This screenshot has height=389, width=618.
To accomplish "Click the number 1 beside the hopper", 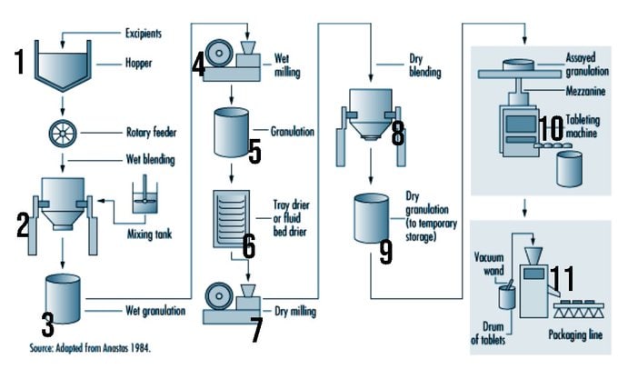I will coord(19,63).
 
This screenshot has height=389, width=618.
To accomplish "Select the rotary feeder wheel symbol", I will coord(62,133).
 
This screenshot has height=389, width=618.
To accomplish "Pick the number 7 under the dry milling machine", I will coord(255,331).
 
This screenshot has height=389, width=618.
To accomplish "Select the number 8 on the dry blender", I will coord(397,133).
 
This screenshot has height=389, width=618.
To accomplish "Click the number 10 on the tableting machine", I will coord(552,125).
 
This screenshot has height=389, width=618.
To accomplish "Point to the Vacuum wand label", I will coord(489,264).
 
